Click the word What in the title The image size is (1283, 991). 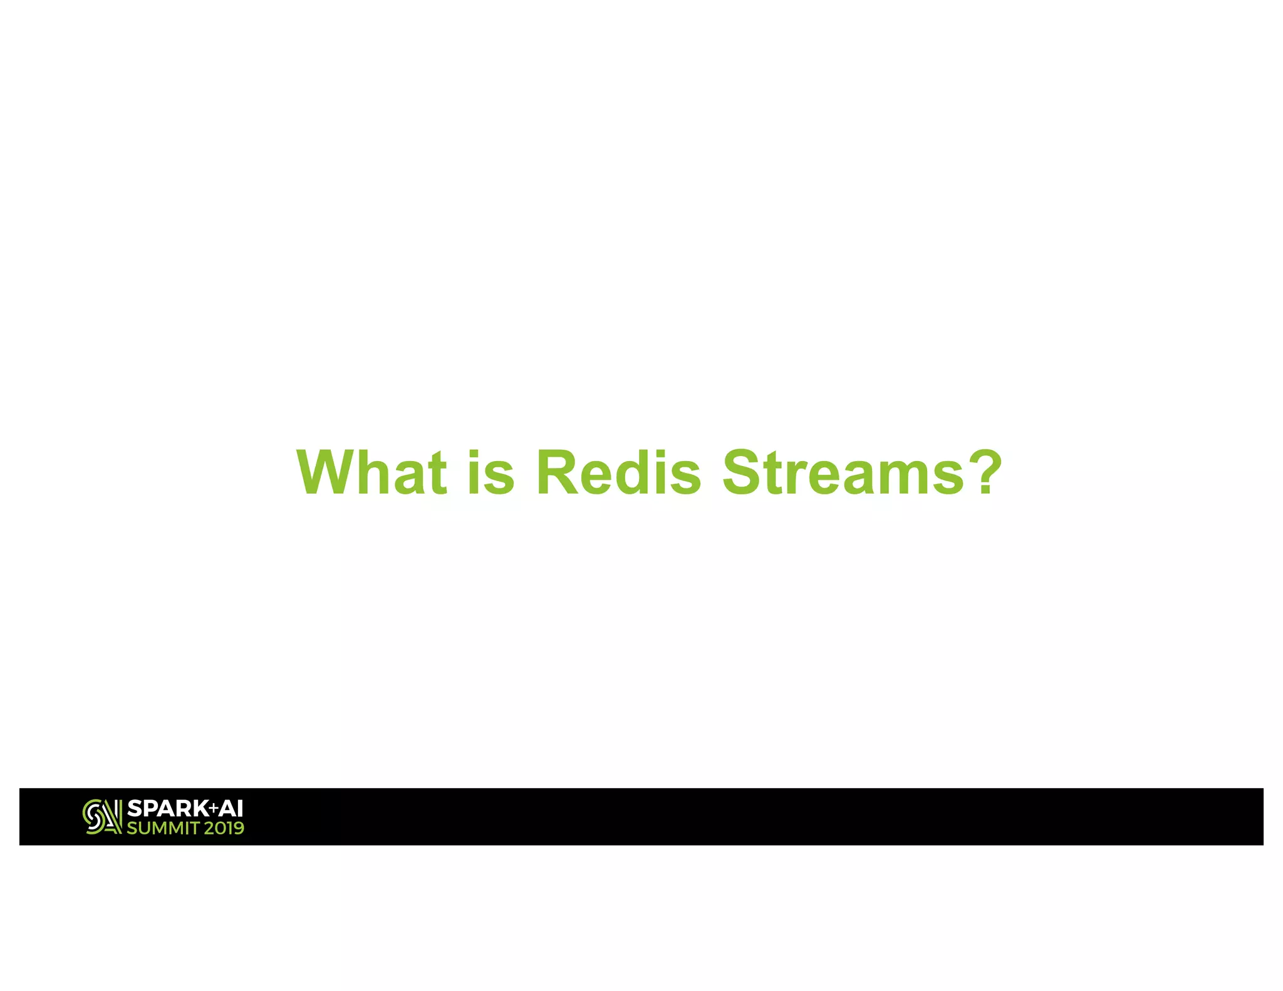tap(371, 473)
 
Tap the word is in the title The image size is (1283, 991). tap(491, 473)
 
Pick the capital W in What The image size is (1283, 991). tap(326, 473)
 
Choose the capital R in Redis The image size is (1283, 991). tap(558, 473)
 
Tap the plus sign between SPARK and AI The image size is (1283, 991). tap(214, 809)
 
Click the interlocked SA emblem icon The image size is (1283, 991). tap(102, 817)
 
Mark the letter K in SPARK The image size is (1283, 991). tap(200, 809)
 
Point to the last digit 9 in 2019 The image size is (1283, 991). tap(237, 829)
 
